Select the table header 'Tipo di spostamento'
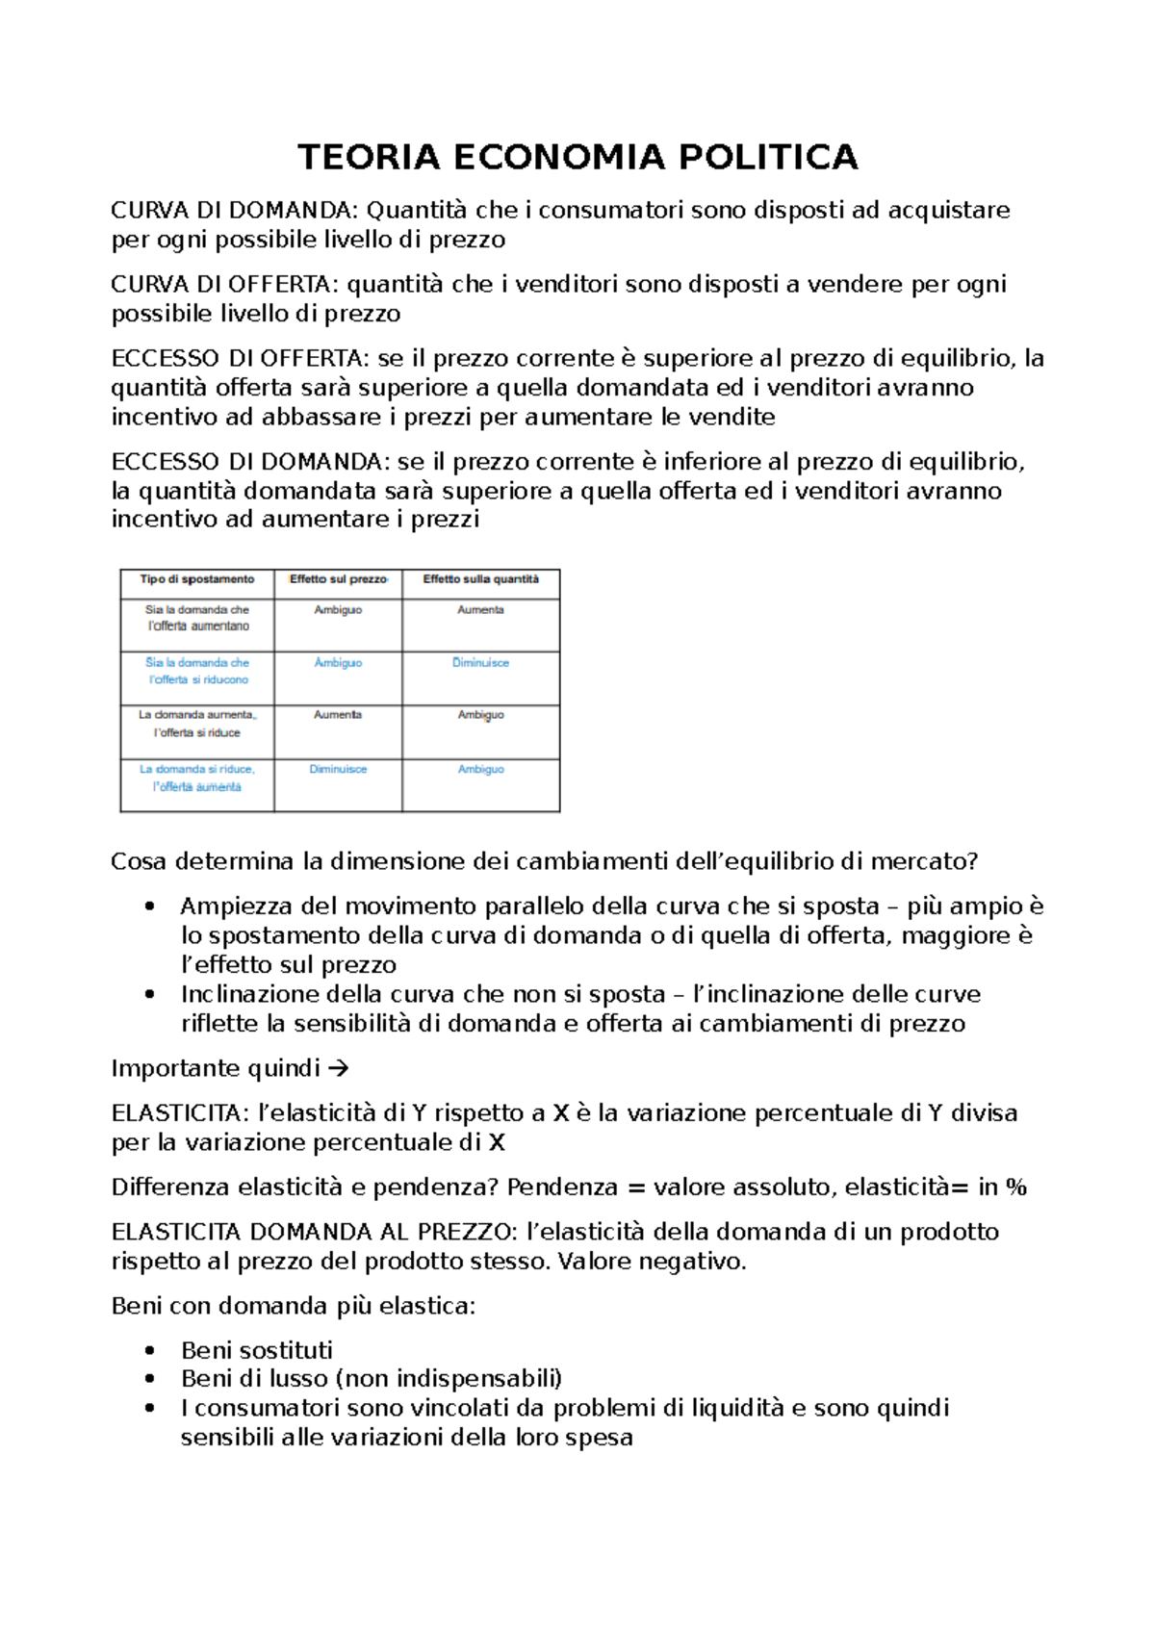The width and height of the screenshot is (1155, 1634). (197, 579)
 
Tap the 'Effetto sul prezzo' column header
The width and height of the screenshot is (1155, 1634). (338, 579)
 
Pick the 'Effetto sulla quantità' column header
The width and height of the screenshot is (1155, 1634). (481, 579)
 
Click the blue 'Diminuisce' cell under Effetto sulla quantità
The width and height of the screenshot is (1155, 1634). (480, 663)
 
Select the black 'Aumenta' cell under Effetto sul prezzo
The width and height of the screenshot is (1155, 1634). (338, 715)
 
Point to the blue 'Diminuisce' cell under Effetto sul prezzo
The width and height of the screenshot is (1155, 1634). (338, 769)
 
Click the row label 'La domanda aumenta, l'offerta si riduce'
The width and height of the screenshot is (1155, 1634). (197, 724)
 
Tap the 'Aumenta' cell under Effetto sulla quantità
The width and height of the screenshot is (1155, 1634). (480, 610)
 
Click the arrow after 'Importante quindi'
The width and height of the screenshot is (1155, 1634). (338, 1068)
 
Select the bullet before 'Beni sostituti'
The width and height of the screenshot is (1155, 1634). (149, 1350)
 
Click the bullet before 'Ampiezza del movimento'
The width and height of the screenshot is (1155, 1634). (149, 906)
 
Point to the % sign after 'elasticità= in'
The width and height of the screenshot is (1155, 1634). (1016, 1187)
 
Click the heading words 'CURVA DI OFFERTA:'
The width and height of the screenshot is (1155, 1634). (225, 285)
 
